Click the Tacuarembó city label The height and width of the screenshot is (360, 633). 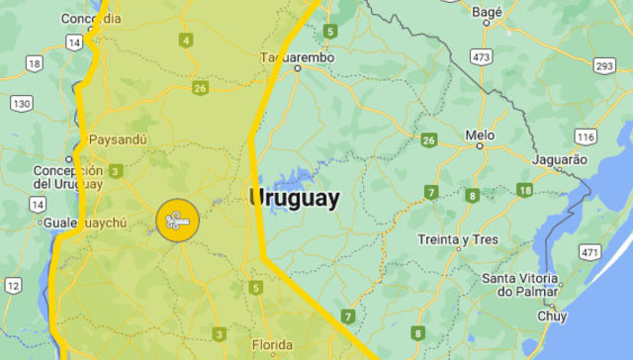tap(297, 57)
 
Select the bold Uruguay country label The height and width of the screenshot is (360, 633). tap(294, 198)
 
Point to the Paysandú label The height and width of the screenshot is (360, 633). tap(118, 139)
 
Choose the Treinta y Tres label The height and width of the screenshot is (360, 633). tap(457, 240)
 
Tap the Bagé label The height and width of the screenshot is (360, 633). tap(488, 12)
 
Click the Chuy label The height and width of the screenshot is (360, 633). tap(552, 316)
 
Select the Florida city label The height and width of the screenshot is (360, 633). tap(271, 345)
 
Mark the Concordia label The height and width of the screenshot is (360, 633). tap(91, 19)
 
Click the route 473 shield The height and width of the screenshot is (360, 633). tap(482, 56)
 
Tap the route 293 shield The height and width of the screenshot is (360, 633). tap(605, 65)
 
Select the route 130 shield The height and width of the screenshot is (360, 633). tap(22, 103)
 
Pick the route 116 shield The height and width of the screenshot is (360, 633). tap(586, 136)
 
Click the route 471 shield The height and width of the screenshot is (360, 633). tap(590, 252)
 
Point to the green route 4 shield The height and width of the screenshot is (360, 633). tap(186, 41)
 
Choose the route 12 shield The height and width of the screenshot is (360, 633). tap(12, 285)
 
